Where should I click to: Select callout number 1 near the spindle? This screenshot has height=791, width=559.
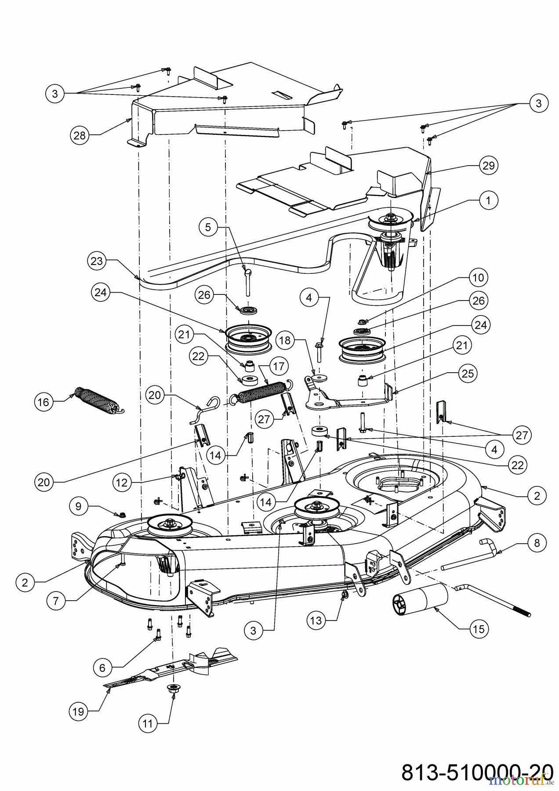click(x=489, y=201)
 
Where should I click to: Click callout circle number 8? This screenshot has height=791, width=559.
click(x=537, y=543)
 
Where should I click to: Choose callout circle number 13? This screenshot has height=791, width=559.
click(x=316, y=620)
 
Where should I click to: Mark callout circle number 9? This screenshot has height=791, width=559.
click(x=78, y=506)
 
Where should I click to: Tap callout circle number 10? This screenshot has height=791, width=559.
click(x=478, y=278)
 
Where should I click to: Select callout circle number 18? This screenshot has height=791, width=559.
click(x=285, y=340)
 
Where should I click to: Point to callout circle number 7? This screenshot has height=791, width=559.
click(x=56, y=601)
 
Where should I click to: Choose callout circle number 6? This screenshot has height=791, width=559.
click(x=102, y=668)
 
